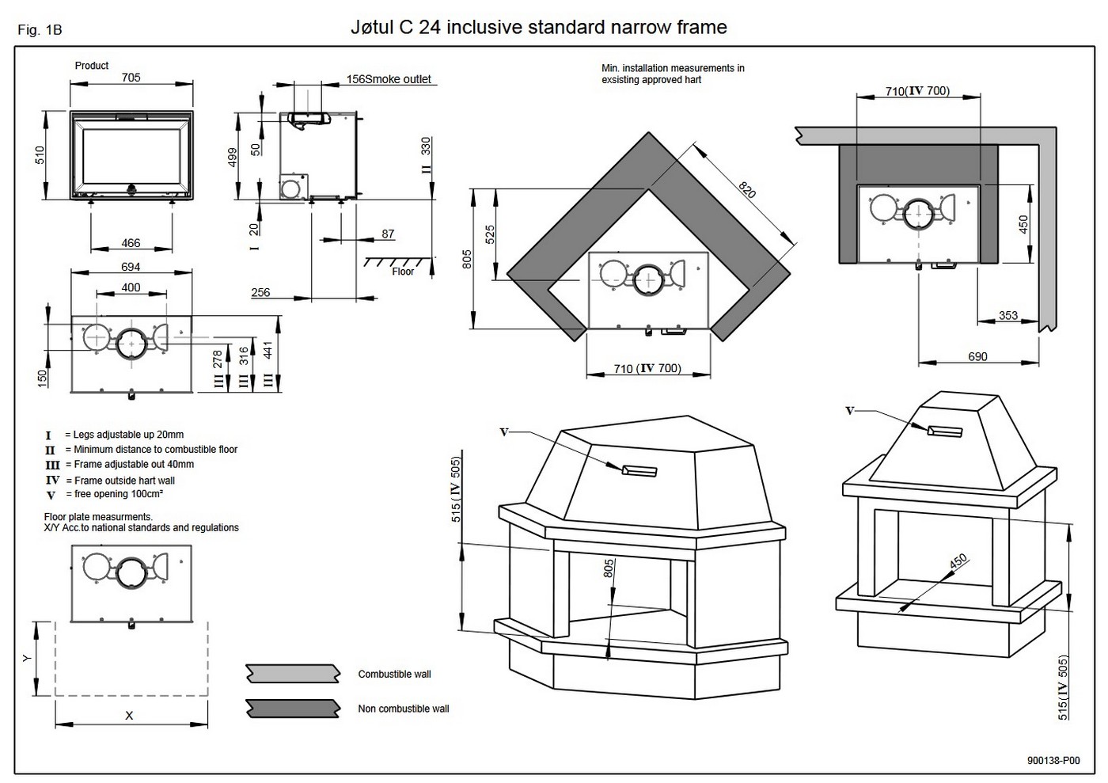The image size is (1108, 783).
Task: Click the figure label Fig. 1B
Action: pos(40,30)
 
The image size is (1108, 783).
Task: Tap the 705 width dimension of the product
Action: pos(131,78)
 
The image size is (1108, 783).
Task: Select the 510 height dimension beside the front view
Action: pos(40,155)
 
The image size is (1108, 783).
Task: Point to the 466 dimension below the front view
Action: pos(131,243)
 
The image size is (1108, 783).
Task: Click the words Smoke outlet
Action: pos(400,79)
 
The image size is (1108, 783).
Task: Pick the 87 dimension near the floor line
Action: pos(388,234)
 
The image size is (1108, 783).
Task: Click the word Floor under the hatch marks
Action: pos(403,272)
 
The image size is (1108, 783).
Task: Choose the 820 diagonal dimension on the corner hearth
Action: pos(747,189)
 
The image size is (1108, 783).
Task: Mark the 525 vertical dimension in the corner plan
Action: pos(490,234)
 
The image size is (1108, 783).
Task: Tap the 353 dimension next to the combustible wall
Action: pos(1007,315)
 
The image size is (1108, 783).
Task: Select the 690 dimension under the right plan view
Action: pos(977,356)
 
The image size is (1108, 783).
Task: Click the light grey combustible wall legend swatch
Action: pos(293,674)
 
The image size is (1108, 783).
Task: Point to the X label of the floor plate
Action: pos(130,716)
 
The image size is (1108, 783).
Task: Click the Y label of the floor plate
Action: pos(27,658)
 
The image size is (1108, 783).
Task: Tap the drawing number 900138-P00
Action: pos(1053,761)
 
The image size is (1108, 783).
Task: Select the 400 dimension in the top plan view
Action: pos(131,287)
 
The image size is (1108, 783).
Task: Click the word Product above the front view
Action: pos(92,66)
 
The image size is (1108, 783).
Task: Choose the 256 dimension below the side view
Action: pos(260,292)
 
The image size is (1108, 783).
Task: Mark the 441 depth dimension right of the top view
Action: pos(268,350)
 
